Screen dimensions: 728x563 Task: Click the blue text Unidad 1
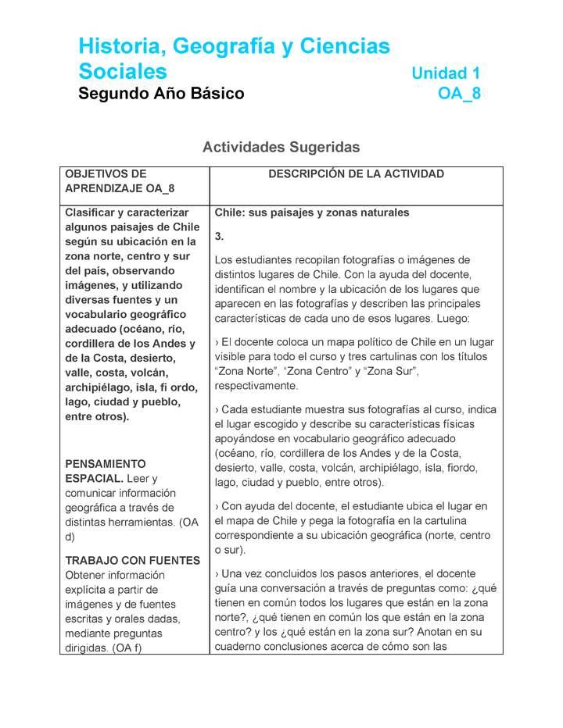coord(446,73)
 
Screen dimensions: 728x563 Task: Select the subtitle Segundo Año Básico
coord(161,95)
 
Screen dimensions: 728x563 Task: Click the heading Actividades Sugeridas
coord(281,147)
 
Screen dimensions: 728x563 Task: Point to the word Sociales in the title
coord(123,72)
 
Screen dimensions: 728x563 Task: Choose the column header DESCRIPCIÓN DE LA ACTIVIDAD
coord(356,174)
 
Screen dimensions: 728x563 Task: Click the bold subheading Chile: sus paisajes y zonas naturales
coord(311,212)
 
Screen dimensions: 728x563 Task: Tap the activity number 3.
coord(219,236)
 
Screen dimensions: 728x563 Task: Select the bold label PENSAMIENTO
coord(106,463)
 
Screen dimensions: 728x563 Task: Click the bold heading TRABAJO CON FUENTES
coord(132,560)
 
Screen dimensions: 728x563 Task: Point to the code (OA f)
coord(127,648)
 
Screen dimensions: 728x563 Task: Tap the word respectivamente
coord(255,387)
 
